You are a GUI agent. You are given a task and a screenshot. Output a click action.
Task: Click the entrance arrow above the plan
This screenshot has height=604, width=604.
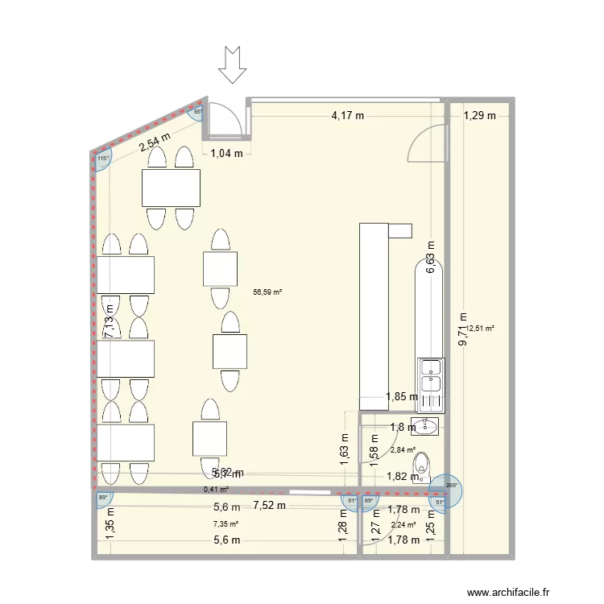click(233, 65)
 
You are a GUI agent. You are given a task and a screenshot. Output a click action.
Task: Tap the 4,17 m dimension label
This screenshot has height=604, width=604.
click(347, 116)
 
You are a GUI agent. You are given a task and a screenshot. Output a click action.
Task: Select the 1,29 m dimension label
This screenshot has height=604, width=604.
click(480, 116)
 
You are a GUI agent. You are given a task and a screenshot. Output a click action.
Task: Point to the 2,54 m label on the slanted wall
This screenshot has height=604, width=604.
click(155, 142)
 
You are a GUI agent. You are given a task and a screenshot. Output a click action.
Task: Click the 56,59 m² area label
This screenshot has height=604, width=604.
click(267, 293)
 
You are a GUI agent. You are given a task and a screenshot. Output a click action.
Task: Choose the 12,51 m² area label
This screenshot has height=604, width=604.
click(480, 328)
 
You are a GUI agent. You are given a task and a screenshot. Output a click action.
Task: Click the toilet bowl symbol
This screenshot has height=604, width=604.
click(421, 465)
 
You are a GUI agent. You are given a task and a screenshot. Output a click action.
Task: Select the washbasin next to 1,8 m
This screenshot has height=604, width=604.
click(425, 425)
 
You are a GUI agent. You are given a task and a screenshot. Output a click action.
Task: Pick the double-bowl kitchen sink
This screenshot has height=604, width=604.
click(430, 374)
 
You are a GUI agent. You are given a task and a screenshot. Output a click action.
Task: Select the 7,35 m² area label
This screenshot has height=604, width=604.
click(225, 524)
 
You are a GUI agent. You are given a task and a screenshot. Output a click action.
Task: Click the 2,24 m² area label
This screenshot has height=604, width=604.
click(403, 524)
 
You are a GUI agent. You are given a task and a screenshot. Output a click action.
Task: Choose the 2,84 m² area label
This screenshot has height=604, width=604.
click(403, 450)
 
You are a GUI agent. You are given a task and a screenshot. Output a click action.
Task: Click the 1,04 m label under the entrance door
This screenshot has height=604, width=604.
click(226, 155)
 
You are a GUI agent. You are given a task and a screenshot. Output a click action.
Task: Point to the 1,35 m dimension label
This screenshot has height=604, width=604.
click(110, 527)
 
